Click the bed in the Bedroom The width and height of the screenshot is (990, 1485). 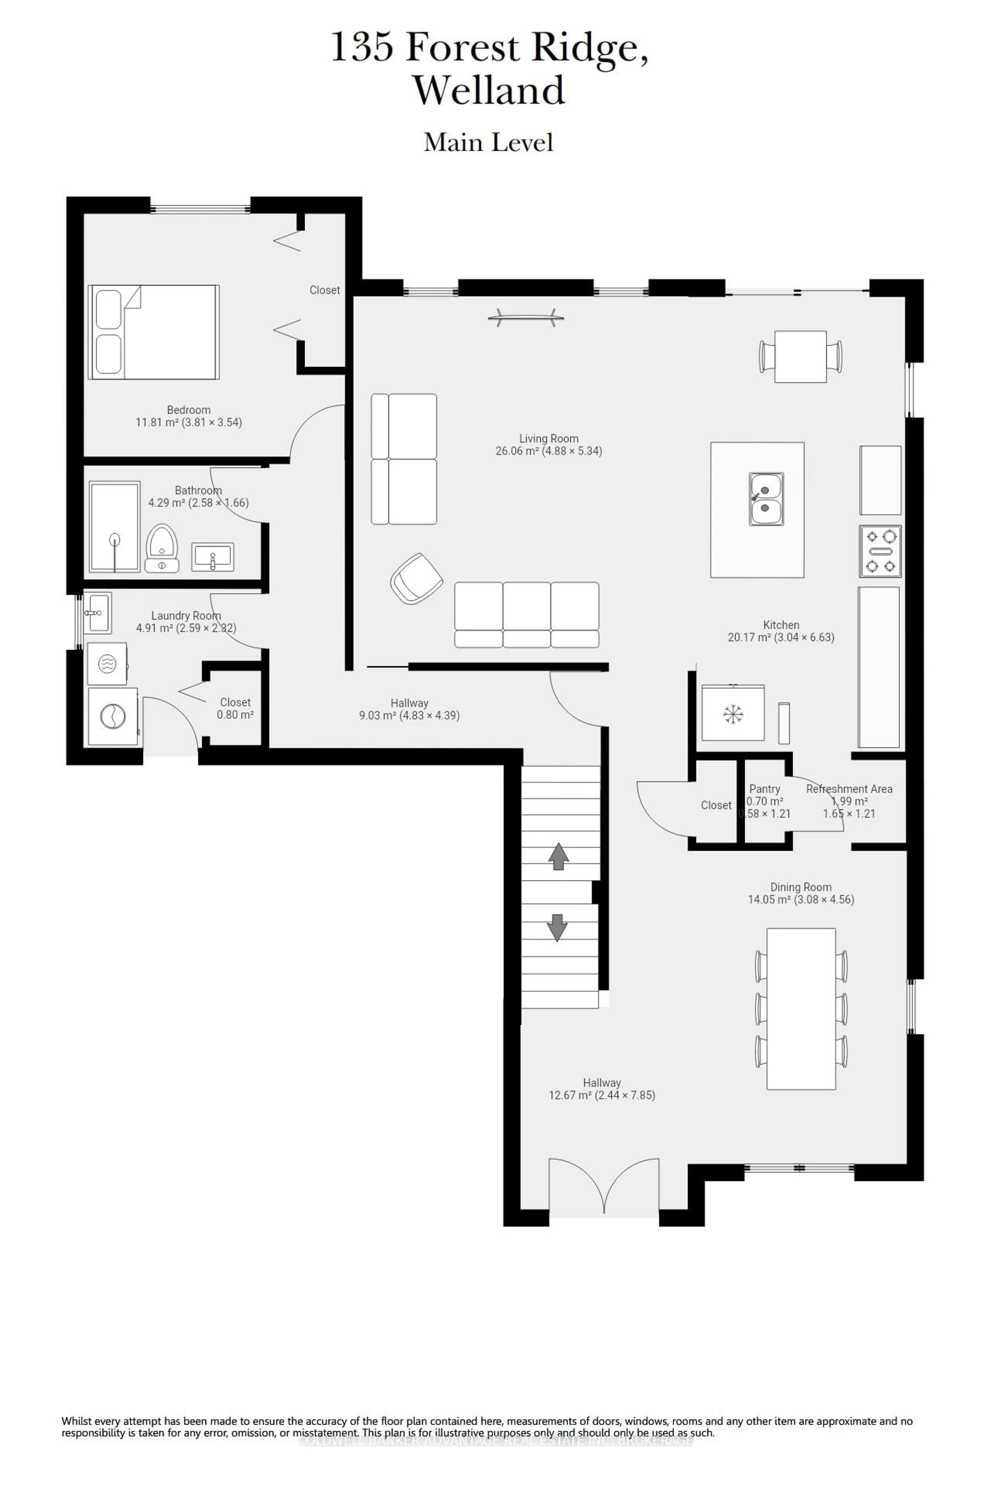pos(153,332)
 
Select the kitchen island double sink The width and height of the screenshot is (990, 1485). pos(766,499)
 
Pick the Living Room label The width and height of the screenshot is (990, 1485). pos(549,439)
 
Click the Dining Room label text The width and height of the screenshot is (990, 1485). pos(801,887)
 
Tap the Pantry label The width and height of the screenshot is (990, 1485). pos(765,789)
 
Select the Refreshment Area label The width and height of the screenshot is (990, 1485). pos(849,789)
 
